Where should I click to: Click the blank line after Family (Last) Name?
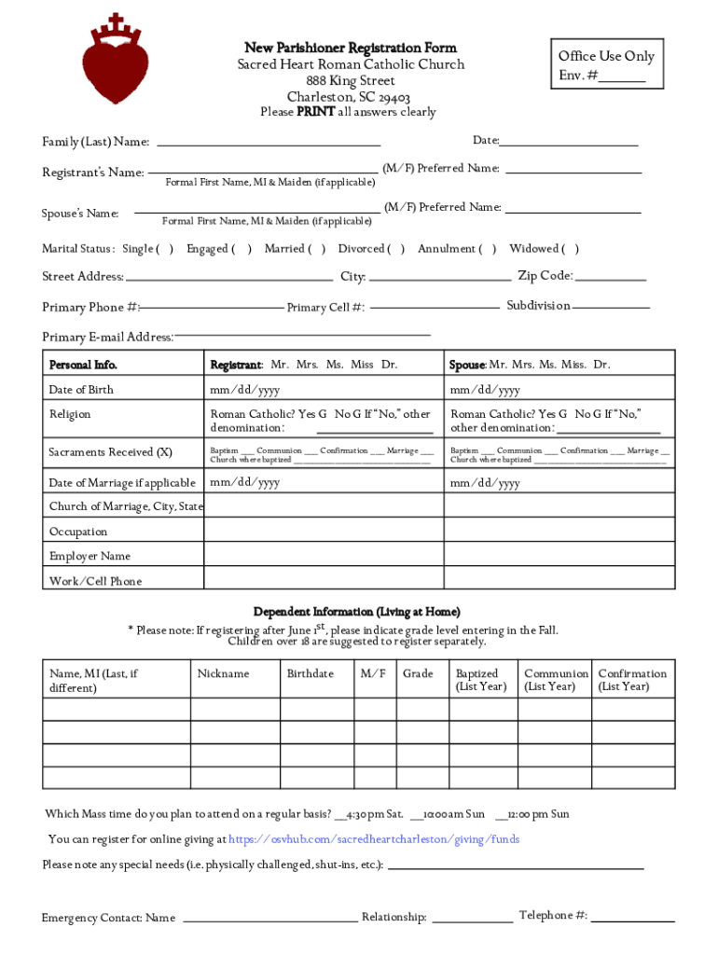coord(269,144)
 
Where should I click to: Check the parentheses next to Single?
coord(165,249)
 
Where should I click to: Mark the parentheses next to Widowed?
coord(571,249)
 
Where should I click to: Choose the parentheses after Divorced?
coord(396,249)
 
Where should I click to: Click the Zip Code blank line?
coord(611,278)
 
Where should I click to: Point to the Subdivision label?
coord(538,306)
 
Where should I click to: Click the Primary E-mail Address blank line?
coord(302,333)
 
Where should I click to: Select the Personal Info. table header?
coord(84,365)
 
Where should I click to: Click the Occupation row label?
coord(78,532)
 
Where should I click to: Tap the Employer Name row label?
coord(90,556)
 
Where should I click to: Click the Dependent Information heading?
coord(356,612)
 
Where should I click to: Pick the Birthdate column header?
coord(310,673)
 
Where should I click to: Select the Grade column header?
coord(418,673)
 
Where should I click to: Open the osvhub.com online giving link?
coord(374,839)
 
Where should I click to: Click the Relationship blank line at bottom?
coord(472,920)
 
